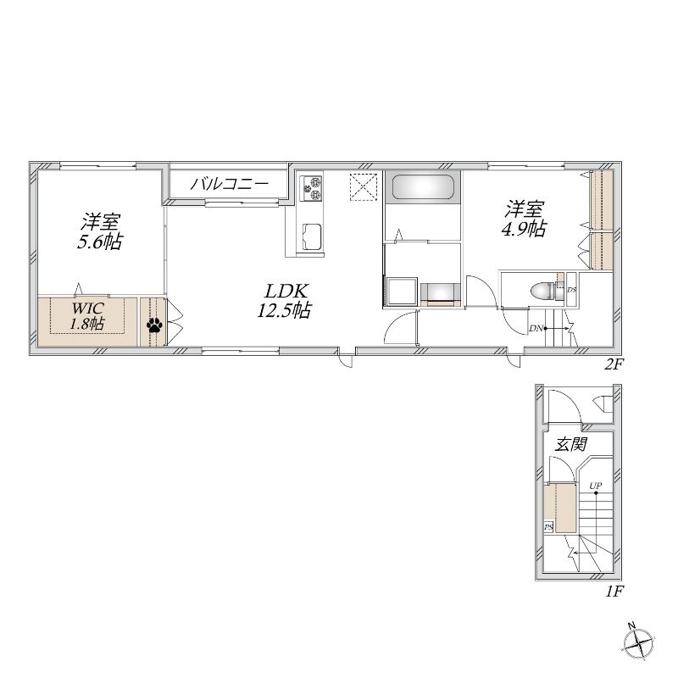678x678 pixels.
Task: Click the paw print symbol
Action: [154, 325]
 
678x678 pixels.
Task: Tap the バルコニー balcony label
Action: [230, 184]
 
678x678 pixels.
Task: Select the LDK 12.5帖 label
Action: [285, 301]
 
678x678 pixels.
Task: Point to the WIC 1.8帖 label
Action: [88, 316]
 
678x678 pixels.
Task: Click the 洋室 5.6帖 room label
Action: [100, 231]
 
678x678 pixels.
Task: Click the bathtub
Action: [423, 187]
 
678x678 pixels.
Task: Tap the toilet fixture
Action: [542, 291]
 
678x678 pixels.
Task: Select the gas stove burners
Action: [311, 188]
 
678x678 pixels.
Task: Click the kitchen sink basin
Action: [312, 236]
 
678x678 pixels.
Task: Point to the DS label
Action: [571, 290]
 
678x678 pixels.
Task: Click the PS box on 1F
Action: [548, 527]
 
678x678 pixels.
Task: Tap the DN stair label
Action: [536, 328]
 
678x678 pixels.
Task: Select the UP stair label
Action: [596, 486]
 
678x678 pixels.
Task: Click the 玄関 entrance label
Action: [571, 444]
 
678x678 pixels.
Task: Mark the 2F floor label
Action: [613, 365]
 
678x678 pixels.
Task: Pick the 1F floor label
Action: [614, 591]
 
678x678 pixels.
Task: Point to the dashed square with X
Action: [364, 186]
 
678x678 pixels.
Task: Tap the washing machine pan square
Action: [401, 292]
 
